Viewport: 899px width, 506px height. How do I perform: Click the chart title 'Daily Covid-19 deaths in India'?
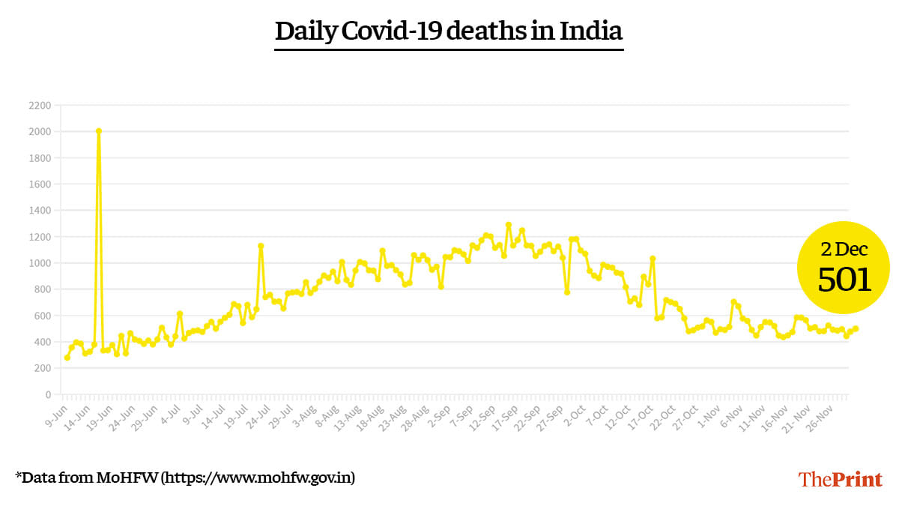[449, 31]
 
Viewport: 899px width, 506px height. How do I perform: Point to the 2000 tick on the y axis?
[40, 132]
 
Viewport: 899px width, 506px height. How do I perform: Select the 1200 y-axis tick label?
[40, 237]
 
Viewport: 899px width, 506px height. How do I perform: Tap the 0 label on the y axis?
[47, 394]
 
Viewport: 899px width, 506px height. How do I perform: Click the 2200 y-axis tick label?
[40, 106]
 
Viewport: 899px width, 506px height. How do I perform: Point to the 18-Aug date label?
[372, 414]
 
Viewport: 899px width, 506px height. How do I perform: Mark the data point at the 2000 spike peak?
[99, 131]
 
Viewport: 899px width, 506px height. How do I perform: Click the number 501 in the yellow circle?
[844, 280]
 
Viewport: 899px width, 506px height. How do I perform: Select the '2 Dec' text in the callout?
[844, 249]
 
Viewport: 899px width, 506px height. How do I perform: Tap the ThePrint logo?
[841, 479]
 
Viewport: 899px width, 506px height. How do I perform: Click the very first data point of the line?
[67, 358]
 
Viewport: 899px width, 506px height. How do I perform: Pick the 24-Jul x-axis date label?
[260, 414]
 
